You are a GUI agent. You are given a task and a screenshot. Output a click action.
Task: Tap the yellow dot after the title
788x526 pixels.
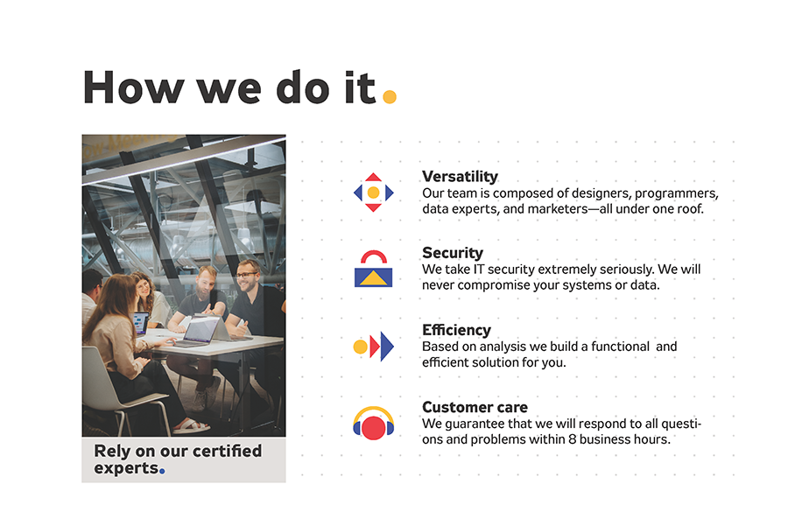[x=390, y=96]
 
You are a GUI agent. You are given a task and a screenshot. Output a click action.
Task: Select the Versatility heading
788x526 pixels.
[x=460, y=177]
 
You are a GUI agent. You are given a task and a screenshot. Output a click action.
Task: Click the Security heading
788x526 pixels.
[x=452, y=253]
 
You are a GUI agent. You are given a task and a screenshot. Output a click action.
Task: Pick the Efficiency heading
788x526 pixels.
[x=456, y=330]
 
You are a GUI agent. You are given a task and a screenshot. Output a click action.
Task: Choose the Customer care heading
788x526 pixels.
[x=475, y=407]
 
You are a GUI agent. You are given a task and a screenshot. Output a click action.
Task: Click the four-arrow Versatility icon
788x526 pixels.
[x=373, y=192]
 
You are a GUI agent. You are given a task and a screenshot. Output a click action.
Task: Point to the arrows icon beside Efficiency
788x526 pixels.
[x=373, y=347]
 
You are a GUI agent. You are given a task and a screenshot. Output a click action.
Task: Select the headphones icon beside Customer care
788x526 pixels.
[x=373, y=424]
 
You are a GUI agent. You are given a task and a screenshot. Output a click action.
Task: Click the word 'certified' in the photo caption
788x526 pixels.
[x=228, y=452]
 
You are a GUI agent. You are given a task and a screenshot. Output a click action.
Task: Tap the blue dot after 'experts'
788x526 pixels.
[x=162, y=471]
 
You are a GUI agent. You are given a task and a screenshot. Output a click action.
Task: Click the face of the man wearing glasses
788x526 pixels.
[x=248, y=273]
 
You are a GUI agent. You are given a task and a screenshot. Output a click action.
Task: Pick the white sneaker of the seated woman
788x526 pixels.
[x=190, y=426]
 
